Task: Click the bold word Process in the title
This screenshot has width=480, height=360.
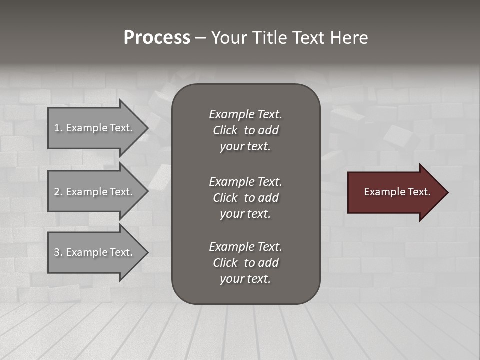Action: [x=157, y=38]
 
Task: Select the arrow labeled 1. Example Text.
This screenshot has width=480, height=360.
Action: [x=95, y=128]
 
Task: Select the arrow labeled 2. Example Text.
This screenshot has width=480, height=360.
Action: [x=95, y=192]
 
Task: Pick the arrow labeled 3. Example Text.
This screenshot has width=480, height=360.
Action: [x=95, y=252]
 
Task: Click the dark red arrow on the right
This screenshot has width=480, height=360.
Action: [x=395, y=192]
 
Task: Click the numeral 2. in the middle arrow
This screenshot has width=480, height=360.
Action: [x=58, y=192]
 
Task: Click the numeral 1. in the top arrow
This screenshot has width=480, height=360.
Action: [x=58, y=128]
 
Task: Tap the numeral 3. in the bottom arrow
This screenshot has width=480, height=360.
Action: [x=58, y=252]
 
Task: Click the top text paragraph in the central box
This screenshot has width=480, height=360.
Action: [x=245, y=130]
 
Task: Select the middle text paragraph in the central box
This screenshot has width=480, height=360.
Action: [x=245, y=198]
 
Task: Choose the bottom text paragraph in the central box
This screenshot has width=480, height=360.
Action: [x=245, y=263]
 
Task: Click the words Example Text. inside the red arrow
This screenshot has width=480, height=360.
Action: [x=397, y=192]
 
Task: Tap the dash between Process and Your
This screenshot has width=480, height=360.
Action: [x=200, y=38]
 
